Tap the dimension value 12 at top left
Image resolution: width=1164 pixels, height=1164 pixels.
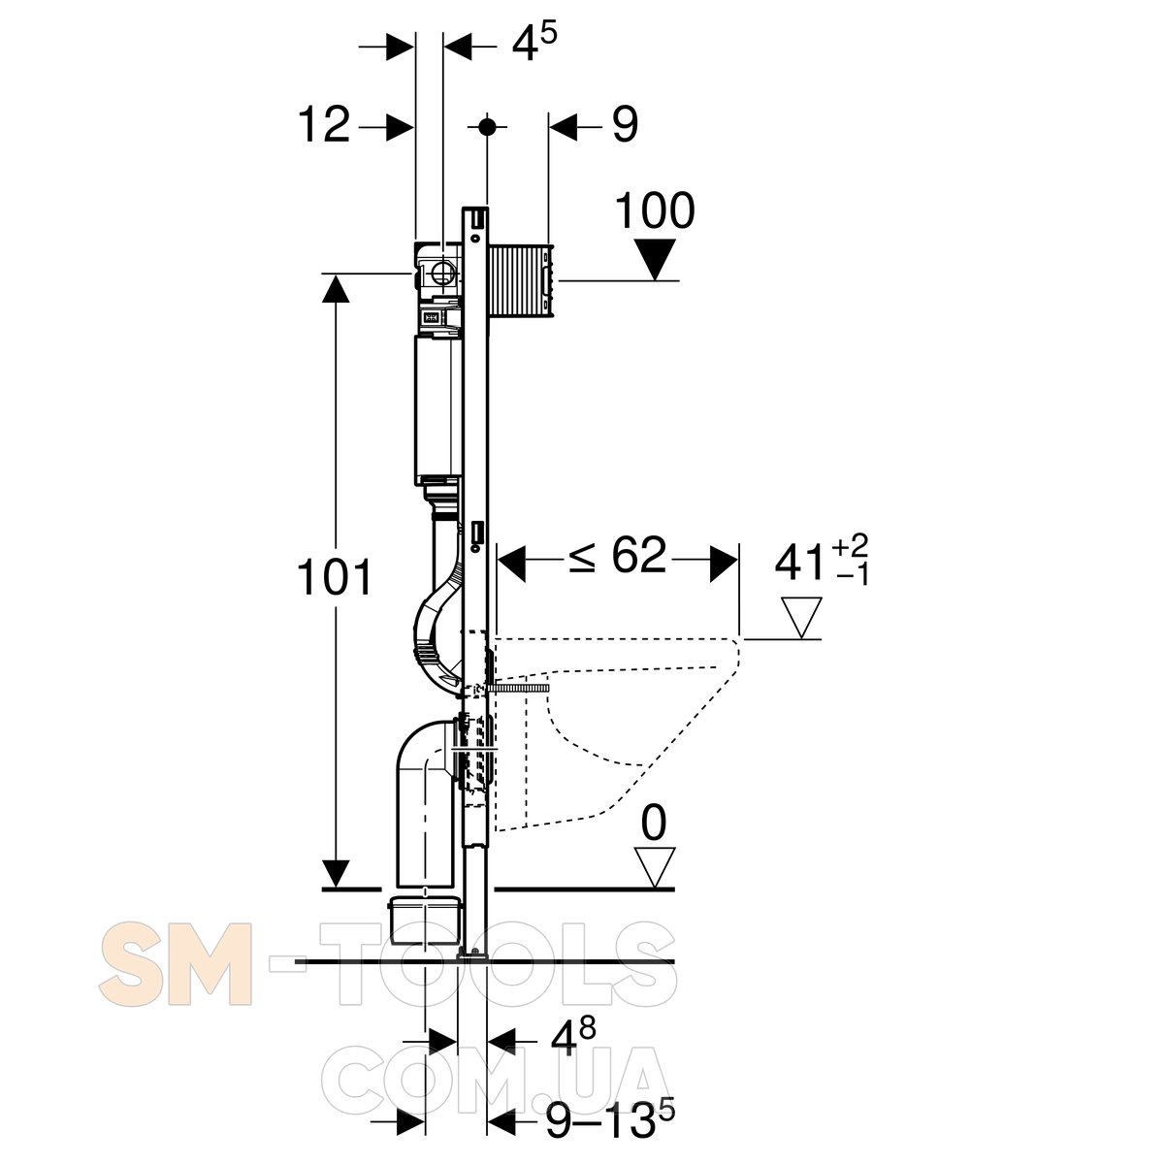324,125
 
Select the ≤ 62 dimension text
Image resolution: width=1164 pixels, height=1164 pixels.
617,555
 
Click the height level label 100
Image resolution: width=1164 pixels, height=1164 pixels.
655,210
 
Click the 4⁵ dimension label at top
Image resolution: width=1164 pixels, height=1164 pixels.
533,43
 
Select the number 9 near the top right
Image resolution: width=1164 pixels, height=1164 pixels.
625,125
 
